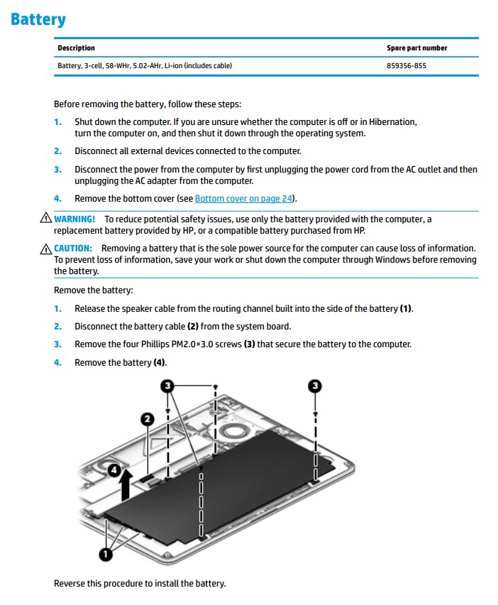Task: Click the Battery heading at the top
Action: click(x=38, y=19)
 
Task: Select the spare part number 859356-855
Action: click(x=406, y=66)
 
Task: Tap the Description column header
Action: click(x=76, y=48)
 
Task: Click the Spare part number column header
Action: click(x=416, y=48)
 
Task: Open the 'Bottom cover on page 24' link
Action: click(x=244, y=199)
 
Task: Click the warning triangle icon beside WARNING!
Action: click(x=46, y=219)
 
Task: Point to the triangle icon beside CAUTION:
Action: click(x=46, y=249)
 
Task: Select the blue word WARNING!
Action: click(x=74, y=219)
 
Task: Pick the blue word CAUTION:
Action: click(x=73, y=249)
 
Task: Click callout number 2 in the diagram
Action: click(x=147, y=419)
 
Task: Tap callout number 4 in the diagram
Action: click(x=113, y=468)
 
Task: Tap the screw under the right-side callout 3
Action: click(x=315, y=413)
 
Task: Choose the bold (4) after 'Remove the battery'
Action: click(x=160, y=363)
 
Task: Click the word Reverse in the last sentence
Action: click(x=69, y=584)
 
